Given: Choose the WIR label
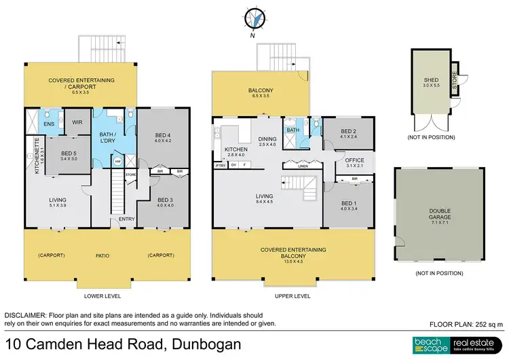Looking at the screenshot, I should (77, 123).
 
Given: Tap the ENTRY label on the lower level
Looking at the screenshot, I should (127, 219).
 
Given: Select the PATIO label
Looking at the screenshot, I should (102, 255).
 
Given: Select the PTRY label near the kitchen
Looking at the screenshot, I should (221, 165).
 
